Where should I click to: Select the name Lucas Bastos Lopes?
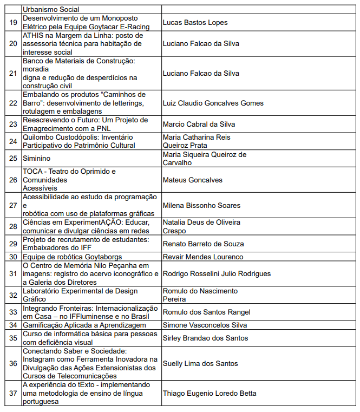click(195, 23)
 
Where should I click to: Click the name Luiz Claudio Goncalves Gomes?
click(213, 103)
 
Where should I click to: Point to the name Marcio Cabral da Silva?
click(199, 124)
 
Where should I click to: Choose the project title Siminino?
click(36, 159)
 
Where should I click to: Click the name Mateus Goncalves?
click(192, 180)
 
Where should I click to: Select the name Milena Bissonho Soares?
click(202, 205)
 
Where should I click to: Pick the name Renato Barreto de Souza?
click(203, 244)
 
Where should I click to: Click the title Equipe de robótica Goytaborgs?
click(72, 257)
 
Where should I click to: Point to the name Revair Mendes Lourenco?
click(203, 257)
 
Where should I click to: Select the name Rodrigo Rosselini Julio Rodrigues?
click(217, 273)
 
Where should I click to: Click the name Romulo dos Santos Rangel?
click(206, 312)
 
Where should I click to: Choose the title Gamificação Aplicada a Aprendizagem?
click(84, 325)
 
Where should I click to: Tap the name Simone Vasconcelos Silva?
click(205, 325)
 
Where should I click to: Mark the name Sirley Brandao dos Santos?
click(205, 338)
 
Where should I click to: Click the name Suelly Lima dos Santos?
click(200, 363)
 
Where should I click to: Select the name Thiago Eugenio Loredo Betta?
click(210, 393)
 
